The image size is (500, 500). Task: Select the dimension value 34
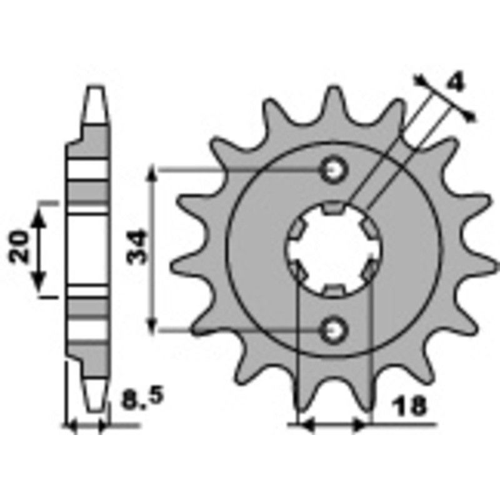click(x=139, y=247)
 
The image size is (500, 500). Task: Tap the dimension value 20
click(x=19, y=247)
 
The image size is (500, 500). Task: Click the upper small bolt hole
click(x=332, y=169)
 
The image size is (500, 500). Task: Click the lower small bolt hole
click(x=332, y=327)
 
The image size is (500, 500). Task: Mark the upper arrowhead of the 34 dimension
click(x=153, y=175)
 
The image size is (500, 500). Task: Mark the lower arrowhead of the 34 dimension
click(x=153, y=322)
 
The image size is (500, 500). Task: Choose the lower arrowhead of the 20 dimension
click(x=40, y=280)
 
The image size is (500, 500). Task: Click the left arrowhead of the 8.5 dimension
click(x=71, y=427)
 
